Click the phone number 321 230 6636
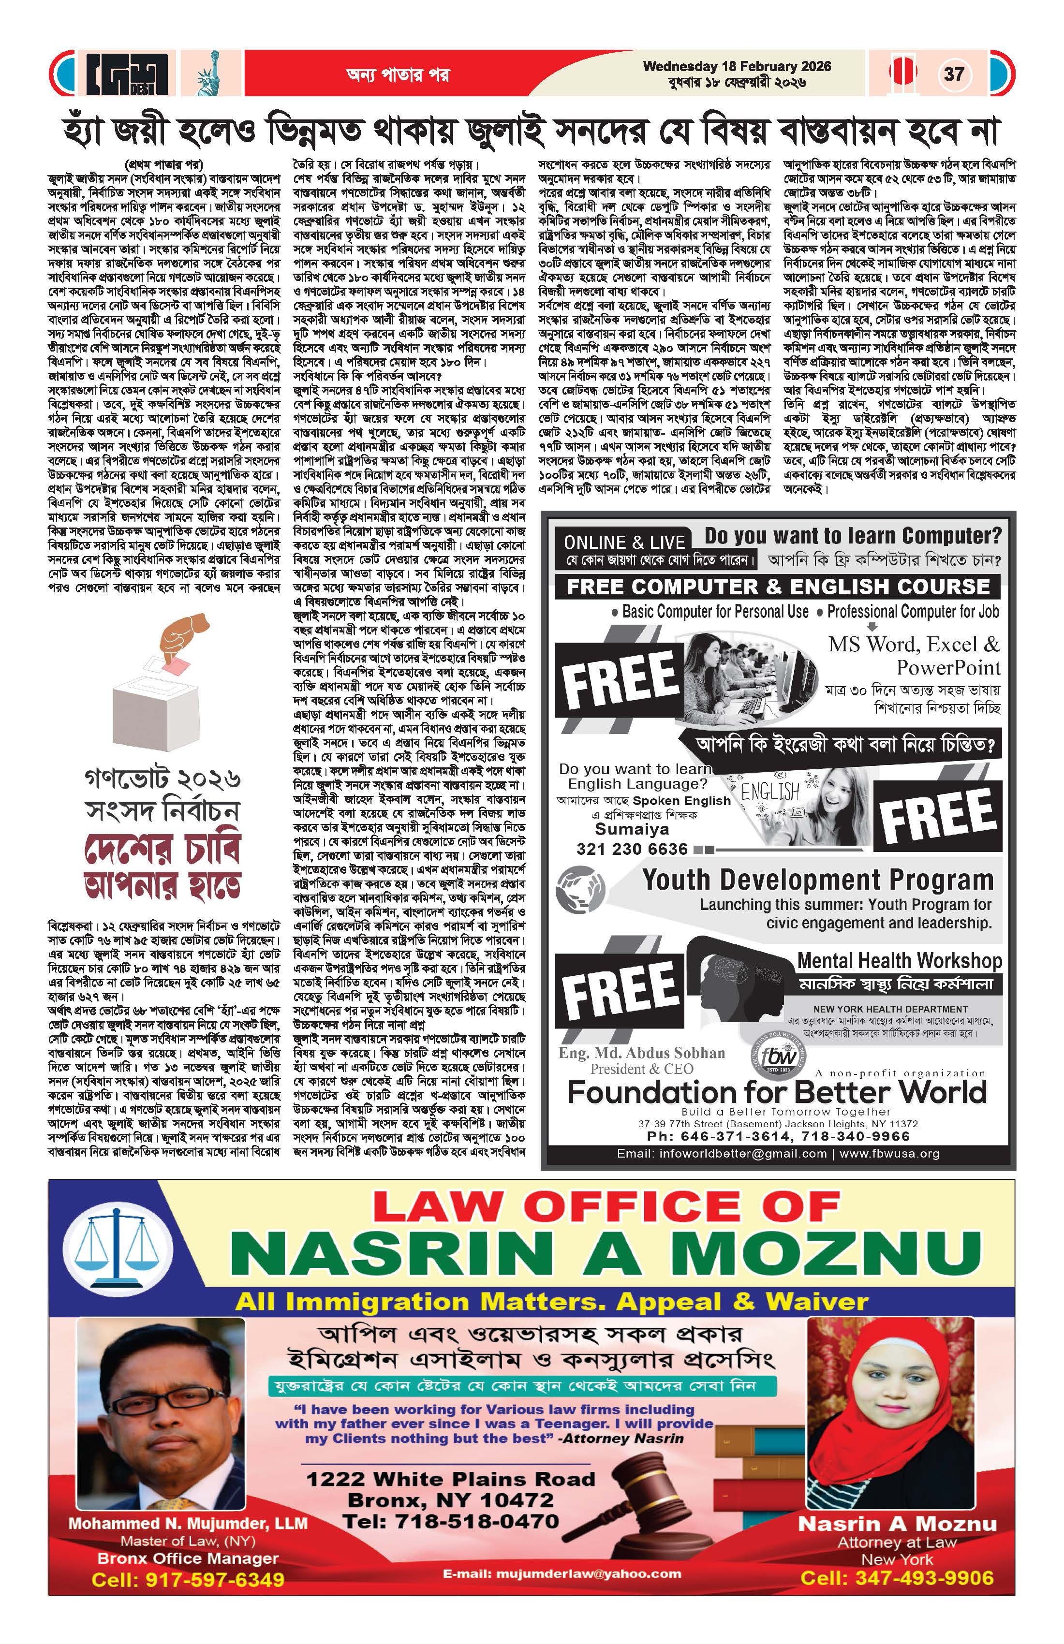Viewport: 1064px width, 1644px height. (632, 849)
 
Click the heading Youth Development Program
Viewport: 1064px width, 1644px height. (817, 880)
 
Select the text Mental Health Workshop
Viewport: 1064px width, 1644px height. (899, 961)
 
